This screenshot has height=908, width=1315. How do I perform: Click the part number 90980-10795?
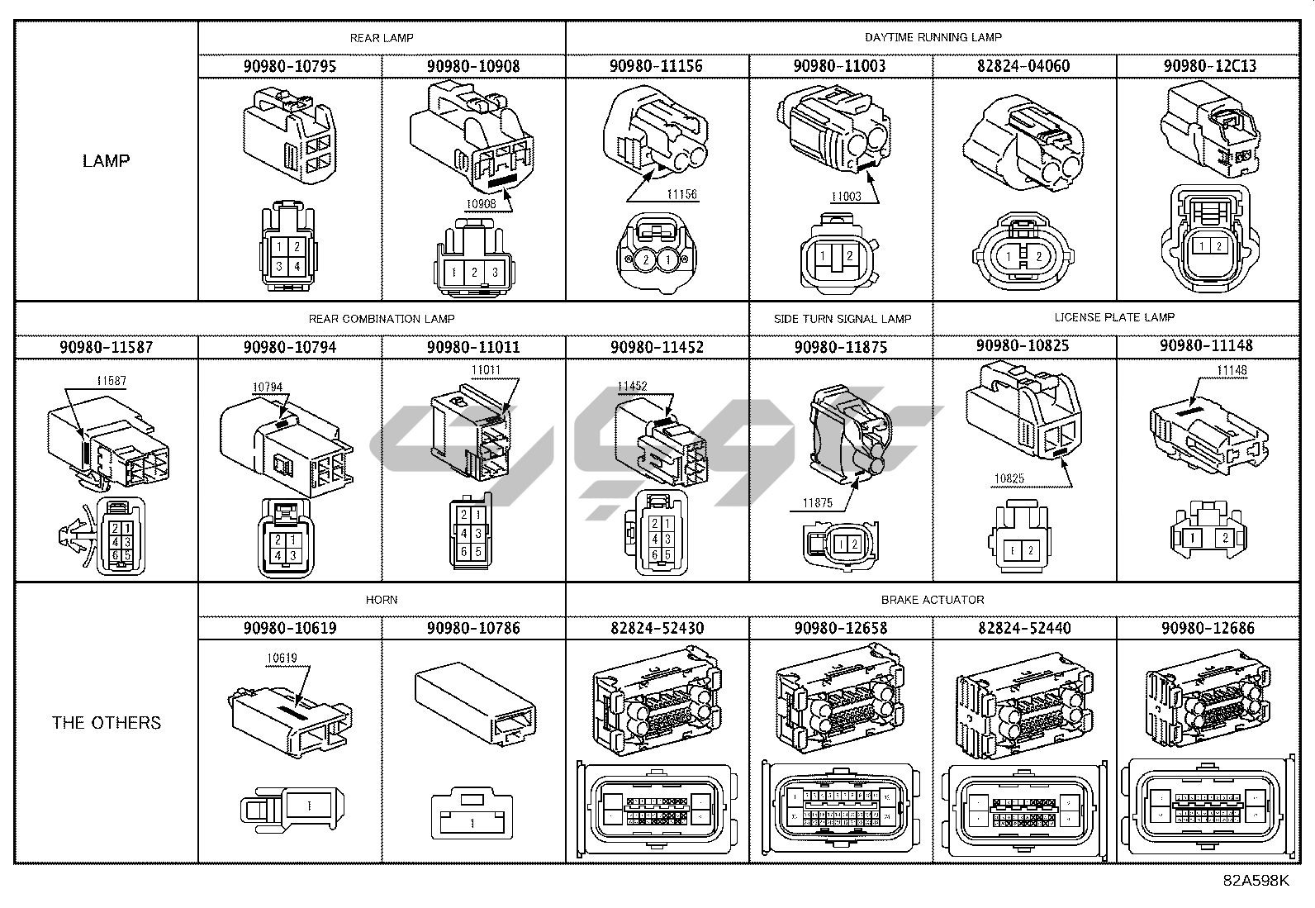click(289, 66)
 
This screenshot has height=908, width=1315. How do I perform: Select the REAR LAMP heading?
click(381, 38)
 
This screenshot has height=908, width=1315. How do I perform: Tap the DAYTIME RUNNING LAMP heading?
click(933, 37)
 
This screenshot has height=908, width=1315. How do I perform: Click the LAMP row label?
click(106, 160)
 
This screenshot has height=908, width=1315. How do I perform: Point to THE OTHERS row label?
click(106, 723)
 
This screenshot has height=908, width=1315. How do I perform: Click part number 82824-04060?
click(1024, 66)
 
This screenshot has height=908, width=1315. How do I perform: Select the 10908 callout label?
click(481, 203)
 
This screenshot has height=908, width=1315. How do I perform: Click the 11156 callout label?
click(681, 195)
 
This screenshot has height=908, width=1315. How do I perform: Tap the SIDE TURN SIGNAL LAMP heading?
click(842, 319)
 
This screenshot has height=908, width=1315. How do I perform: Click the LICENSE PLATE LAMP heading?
click(1113, 317)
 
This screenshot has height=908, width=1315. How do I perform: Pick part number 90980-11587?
click(106, 347)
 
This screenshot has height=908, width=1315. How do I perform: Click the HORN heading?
click(381, 600)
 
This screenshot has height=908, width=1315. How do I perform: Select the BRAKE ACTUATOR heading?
click(933, 600)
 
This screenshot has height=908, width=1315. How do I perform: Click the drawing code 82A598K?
click(1256, 881)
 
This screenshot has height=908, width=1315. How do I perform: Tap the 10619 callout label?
click(281, 658)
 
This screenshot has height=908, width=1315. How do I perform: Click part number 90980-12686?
click(1208, 628)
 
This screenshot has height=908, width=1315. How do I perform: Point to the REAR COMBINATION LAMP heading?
click(381, 319)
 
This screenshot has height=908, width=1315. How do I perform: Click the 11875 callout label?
click(817, 503)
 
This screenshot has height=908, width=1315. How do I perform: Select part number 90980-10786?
click(473, 628)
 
